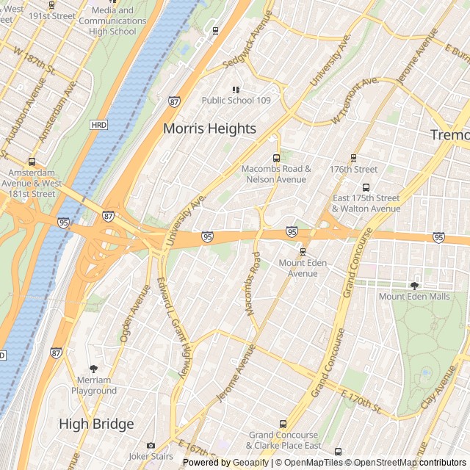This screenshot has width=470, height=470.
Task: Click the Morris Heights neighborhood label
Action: tap(209, 129)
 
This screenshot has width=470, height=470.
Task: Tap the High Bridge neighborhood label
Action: tap(96, 424)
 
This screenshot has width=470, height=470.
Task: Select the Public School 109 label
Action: tap(236, 101)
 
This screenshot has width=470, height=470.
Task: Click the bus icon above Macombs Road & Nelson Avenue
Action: tap(277, 158)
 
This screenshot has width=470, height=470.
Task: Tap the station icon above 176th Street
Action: tap(354, 158)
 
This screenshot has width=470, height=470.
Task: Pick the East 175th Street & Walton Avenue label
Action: tap(366, 203)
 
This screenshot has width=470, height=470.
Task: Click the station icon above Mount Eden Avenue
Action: tap(303, 253)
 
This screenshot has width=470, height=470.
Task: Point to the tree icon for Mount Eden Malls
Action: tap(414, 286)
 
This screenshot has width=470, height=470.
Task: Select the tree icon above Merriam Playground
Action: tap(93, 369)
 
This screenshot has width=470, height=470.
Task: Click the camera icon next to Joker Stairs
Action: tap(151, 445)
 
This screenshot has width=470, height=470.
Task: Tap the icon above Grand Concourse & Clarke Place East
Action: tap(283, 424)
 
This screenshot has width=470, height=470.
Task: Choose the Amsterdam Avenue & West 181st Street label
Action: tap(32, 184)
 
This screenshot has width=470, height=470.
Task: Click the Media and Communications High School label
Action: tap(112, 21)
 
